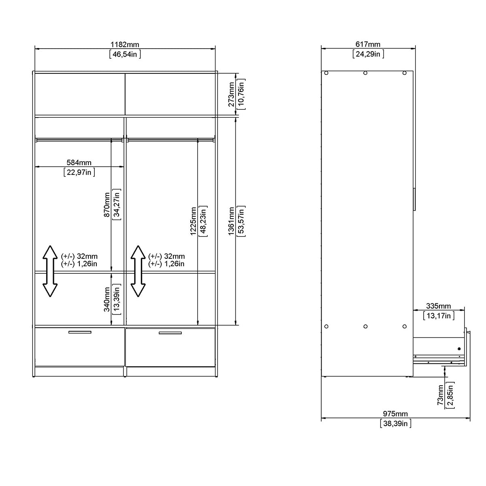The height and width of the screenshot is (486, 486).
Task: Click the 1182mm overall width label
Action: click(x=125, y=44)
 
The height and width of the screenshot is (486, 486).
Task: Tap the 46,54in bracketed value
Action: click(x=125, y=54)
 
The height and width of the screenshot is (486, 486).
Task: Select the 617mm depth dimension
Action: click(x=368, y=44)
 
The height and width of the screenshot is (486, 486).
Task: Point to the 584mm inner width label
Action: click(x=79, y=162)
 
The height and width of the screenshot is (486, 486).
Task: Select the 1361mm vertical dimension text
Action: click(x=231, y=221)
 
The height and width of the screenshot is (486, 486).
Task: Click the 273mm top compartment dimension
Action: click(x=231, y=94)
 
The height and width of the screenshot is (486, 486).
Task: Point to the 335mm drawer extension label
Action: click(x=439, y=306)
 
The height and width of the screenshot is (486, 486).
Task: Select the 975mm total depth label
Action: click(x=395, y=414)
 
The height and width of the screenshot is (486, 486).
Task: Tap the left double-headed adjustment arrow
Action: click(x=50, y=271)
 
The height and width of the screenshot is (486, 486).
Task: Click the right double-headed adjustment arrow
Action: click(x=138, y=271)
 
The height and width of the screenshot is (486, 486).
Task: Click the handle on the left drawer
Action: click(x=80, y=333)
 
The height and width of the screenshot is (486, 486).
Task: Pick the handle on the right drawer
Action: click(x=170, y=333)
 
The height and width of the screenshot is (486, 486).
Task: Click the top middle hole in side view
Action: click(x=365, y=73)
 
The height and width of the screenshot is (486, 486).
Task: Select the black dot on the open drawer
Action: click(x=459, y=348)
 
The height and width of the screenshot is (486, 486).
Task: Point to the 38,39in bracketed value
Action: click(x=395, y=424)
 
